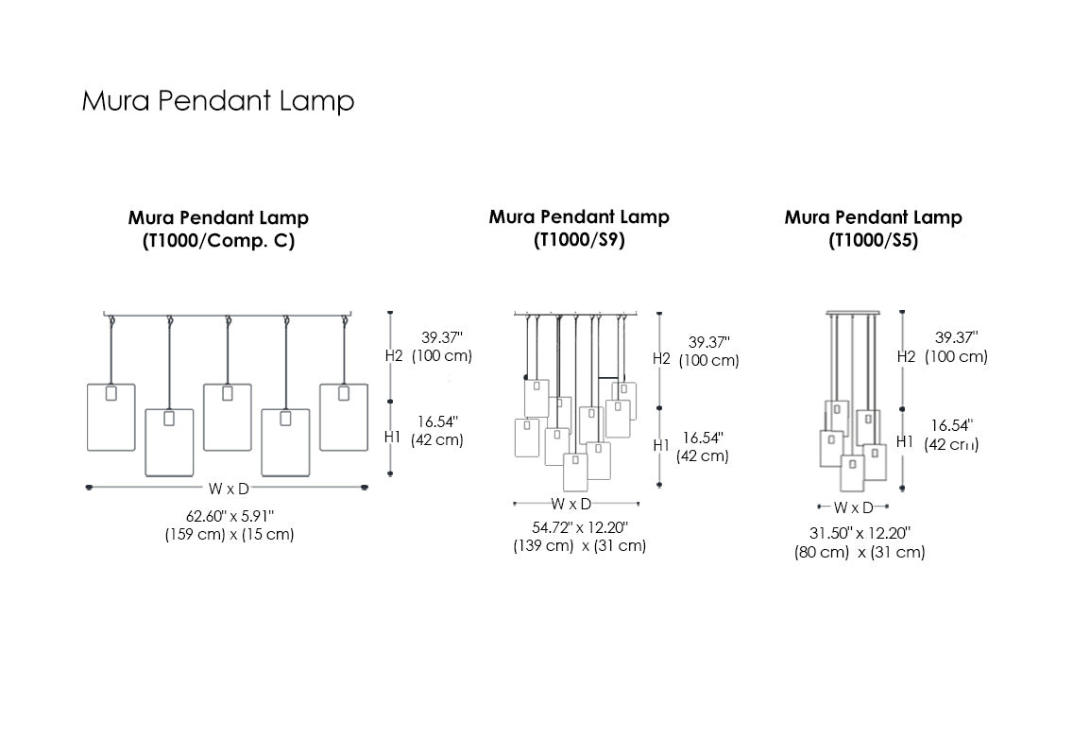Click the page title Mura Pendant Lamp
click(x=218, y=101)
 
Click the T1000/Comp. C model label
click(x=218, y=241)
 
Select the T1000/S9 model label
click(x=579, y=240)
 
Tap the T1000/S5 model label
click(x=873, y=241)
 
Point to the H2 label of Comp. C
click(x=394, y=355)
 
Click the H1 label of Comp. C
click(x=394, y=437)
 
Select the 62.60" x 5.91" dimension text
click(x=230, y=515)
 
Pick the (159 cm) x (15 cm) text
click(x=230, y=535)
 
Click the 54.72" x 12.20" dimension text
click(x=579, y=526)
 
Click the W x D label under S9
click(x=571, y=504)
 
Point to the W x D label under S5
click(x=853, y=508)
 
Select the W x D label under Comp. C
click(x=230, y=488)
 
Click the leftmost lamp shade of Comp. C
click(x=111, y=417)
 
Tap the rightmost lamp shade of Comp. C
click(x=343, y=417)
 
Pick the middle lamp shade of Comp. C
click(x=227, y=417)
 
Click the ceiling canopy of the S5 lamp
click(x=853, y=312)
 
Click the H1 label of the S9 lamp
click(x=661, y=444)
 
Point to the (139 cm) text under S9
click(x=543, y=546)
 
